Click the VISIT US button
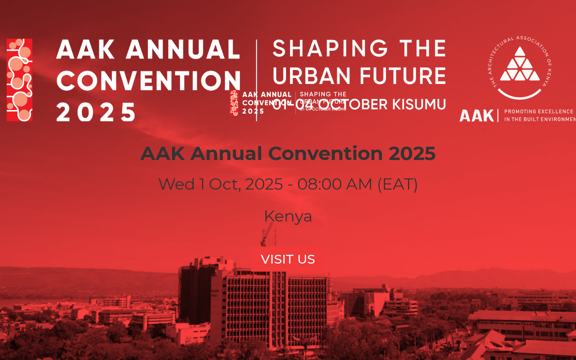pyautogui.click(x=288, y=259)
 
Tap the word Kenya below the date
pyautogui.click(x=288, y=216)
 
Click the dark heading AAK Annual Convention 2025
pyautogui.click(x=288, y=154)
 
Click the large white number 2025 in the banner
pyautogui.click(x=96, y=112)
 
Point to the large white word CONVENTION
pyautogui.click(x=148, y=81)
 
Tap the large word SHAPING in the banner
pyautogui.click(x=330, y=49)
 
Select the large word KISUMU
pyautogui.click(x=419, y=104)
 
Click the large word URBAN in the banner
pyautogui.click(x=312, y=76)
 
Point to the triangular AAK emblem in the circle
pyautogui.click(x=520, y=65)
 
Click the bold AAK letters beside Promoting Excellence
pyautogui.click(x=477, y=116)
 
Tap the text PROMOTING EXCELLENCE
pyautogui.click(x=538, y=112)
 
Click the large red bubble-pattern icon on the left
pyautogui.click(x=20, y=80)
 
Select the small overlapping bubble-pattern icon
pyautogui.click(x=234, y=103)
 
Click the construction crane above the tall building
pyautogui.click(x=267, y=235)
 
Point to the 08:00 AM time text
pyautogui.click(x=335, y=184)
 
